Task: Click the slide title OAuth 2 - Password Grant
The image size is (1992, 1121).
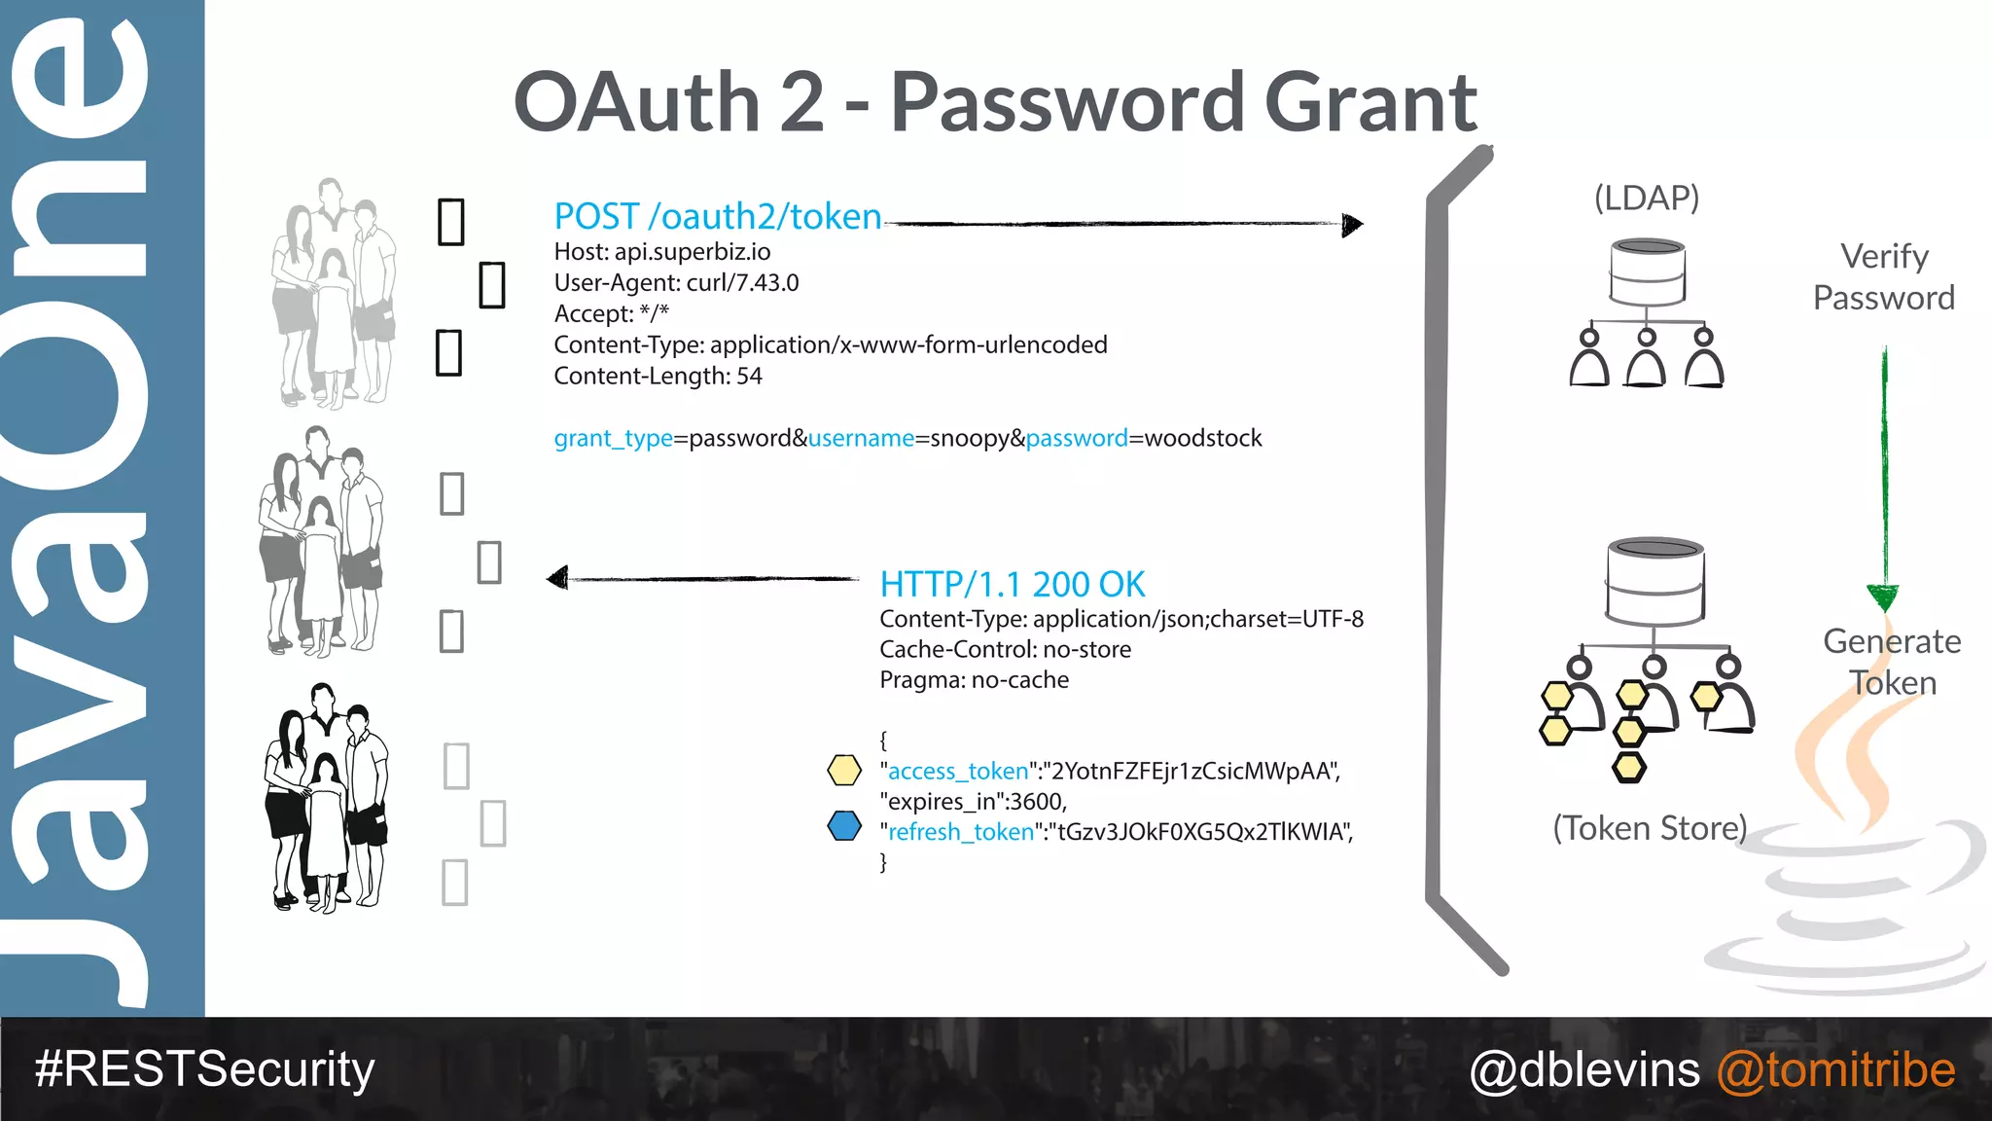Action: click(994, 102)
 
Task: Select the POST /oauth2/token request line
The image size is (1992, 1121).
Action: click(717, 216)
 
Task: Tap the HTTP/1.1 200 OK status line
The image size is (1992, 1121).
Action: click(1012, 584)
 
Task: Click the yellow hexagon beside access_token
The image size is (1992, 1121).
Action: click(843, 770)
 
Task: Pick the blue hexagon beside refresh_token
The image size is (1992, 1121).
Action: click(843, 826)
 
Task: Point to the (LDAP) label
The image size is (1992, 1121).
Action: click(1646, 198)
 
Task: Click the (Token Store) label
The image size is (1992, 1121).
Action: click(1650, 828)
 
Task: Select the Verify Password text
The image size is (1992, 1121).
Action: click(1884, 276)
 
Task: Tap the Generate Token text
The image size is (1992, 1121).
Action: click(1892, 662)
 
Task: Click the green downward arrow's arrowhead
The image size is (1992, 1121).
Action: click(1883, 597)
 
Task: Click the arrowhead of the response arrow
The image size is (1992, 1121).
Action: click(557, 579)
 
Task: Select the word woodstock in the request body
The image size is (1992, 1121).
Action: click(1203, 438)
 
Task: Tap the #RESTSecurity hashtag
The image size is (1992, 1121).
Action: click(204, 1069)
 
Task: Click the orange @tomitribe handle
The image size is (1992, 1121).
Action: click(1835, 1070)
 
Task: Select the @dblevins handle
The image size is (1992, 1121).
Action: click(1584, 1070)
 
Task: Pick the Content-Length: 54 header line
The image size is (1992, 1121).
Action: click(658, 376)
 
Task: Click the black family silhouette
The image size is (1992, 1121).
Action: click(326, 798)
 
